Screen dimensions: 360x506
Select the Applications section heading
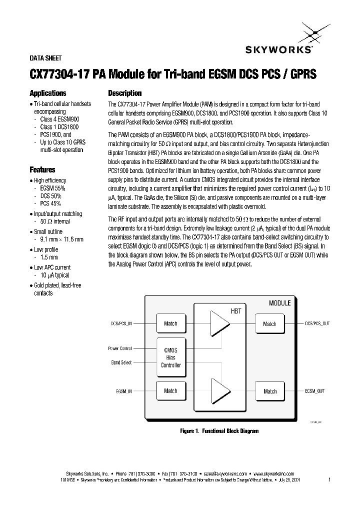pyautogui.click(x=48, y=93)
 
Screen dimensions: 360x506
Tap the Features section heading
pyautogui.click(x=42, y=169)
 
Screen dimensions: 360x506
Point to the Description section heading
pyautogui.click(x=125, y=93)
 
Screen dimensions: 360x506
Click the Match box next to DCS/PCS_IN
pyautogui.click(x=170, y=323)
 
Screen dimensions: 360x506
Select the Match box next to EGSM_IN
pyautogui.click(x=170, y=390)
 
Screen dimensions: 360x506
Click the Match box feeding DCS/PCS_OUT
pyautogui.click(x=269, y=323)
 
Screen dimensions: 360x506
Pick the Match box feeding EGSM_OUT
pyautogui.click(x=269, y=391)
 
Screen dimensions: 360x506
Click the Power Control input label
pyautogui.click(x=120, y=348)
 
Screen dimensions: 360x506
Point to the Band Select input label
pyautogui.click(x=121, y=362)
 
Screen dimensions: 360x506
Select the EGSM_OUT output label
pyautogui.click(x=314, y=390)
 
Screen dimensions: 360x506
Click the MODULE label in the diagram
pyautogui.click(x=279, y=303)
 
